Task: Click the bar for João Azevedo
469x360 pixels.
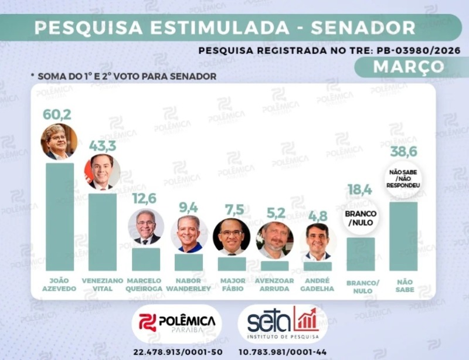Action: coord(60,217)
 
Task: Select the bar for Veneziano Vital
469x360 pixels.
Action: coord(103,232)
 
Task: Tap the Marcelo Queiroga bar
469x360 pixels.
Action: coord(146,259)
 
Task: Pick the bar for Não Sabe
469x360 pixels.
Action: coord(403,236)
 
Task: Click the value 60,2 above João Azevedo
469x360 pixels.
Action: coord(57,114)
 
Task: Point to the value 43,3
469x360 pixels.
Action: coord(103,145)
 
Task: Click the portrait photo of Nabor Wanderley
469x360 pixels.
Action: coord(189,233)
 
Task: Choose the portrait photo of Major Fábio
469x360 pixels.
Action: coord(232,236)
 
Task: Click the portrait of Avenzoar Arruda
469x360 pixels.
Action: coord(274,239)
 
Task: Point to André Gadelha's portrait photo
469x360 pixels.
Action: coord(318,241)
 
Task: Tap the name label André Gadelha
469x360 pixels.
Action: coord(317,284)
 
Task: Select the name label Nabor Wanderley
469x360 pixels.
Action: coord(189,284)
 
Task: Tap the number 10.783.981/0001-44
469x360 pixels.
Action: coord(283,352)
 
